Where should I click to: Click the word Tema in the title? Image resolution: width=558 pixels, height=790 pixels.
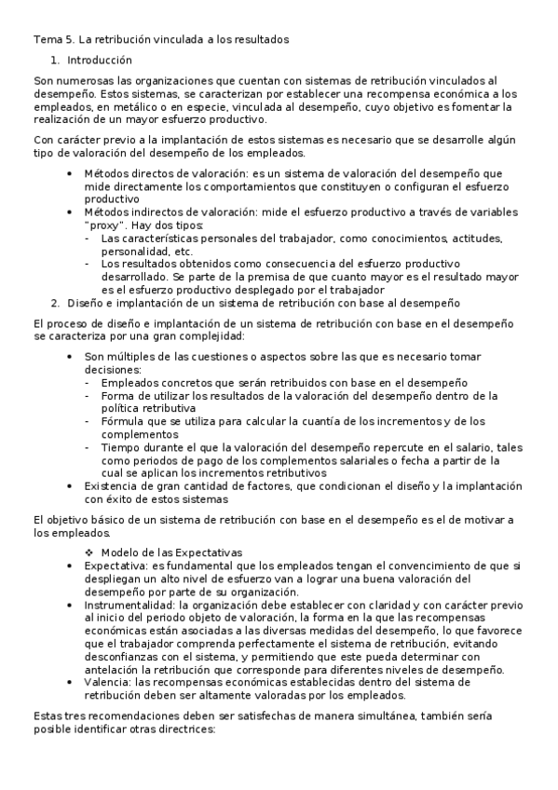pos(47,39)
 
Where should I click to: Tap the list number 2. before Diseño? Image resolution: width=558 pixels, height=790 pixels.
pos(56,302)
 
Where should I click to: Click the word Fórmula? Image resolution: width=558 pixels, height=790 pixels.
pos(123,421)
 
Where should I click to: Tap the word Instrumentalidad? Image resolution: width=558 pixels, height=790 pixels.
pos(129,604)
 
